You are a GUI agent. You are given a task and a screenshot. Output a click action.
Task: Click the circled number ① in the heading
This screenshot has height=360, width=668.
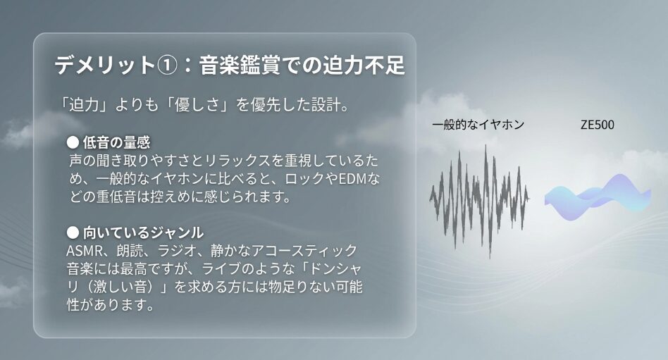tap(167, 66)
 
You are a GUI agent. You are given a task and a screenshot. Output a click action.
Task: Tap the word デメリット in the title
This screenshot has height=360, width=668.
tap(105, 66)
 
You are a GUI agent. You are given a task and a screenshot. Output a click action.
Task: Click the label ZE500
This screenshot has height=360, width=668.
tap(598, 125)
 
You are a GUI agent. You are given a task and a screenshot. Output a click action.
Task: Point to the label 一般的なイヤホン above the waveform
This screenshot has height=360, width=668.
tap(478, 125)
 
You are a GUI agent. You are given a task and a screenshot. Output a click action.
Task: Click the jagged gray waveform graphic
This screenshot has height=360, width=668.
tap(479, 200)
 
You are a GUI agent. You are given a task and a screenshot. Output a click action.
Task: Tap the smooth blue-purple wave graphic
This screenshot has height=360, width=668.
tap(598, 197)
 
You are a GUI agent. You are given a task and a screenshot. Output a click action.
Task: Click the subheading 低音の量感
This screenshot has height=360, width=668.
tap(116, 142)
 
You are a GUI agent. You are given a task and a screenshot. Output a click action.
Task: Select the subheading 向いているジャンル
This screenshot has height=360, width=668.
tap(143, 232)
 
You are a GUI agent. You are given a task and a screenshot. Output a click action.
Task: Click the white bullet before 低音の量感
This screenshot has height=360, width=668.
tap(73, 142)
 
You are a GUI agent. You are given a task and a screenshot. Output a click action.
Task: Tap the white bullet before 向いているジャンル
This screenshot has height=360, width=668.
tap(73, 232)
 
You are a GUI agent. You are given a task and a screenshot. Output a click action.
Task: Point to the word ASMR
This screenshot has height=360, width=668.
tap(83, 251)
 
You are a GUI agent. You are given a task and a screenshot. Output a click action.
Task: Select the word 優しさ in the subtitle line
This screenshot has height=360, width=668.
tap(195, 104)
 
